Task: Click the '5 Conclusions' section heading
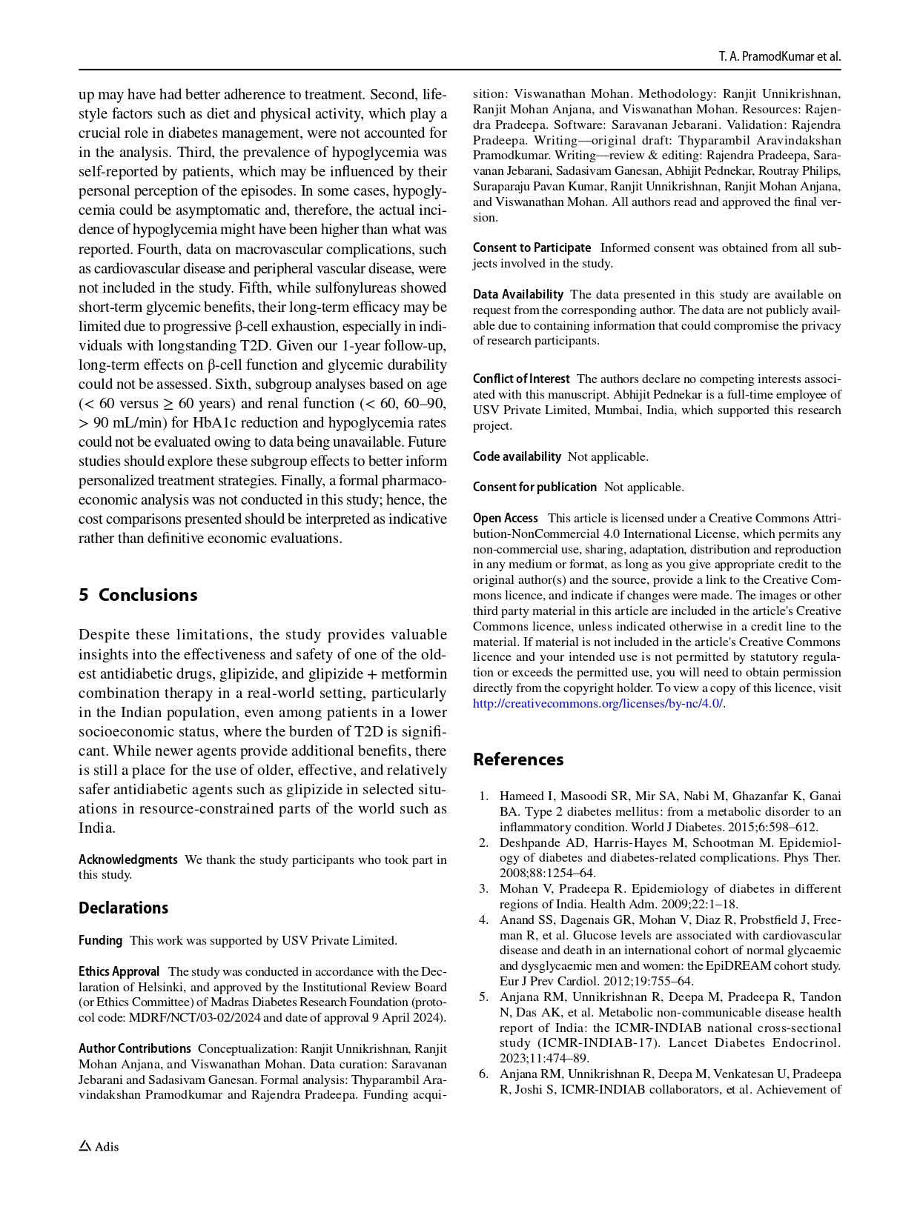click(x=138, y=595)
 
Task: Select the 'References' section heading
click(x=518, y=759)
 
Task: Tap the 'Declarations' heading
click(x=123, y=908)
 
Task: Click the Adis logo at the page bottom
click(x=99, y=1146)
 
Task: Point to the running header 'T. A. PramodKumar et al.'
click(x=779, y=57)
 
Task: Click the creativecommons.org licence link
click(x=598, y=703)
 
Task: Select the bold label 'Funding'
click(x=100, y=940)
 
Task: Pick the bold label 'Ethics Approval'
click(x=119, y=971)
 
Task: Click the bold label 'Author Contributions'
click(x=135, y=1048)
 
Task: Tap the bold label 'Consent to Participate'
click(x=532, y=247)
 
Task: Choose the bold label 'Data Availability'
click(x=518, y=294)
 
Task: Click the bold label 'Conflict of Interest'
click(x=521, y=379)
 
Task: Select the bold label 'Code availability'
click(x=517, y=456)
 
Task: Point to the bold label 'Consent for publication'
click(x=535, y=487)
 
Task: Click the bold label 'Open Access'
click(x=506, y=518)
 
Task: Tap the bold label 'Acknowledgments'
click(x=128, y=859)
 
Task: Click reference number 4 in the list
click(x=483, y=919)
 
